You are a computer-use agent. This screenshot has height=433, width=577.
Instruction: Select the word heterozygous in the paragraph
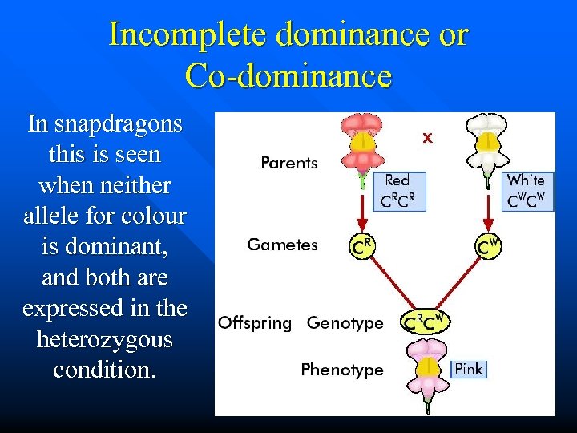pos(105,339)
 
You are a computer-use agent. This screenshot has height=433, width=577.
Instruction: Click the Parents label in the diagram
pos(289,163)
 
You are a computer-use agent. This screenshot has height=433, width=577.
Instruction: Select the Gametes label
pos(283,245)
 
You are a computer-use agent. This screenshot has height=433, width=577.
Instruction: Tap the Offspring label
pos(255,323)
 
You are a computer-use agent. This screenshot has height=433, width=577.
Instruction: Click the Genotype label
pos(345,323)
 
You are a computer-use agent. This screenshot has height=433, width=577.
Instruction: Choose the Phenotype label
pos(342,370)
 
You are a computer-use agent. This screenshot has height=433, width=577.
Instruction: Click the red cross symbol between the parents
pos(428,137)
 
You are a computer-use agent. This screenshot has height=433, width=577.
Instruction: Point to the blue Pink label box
pos(469,370)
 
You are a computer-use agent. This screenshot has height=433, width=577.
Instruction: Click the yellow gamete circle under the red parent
pos(363,246)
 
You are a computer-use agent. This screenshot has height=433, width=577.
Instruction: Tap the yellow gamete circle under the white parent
pos(488,246)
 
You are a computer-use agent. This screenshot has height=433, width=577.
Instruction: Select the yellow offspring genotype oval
pos(426,322)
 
